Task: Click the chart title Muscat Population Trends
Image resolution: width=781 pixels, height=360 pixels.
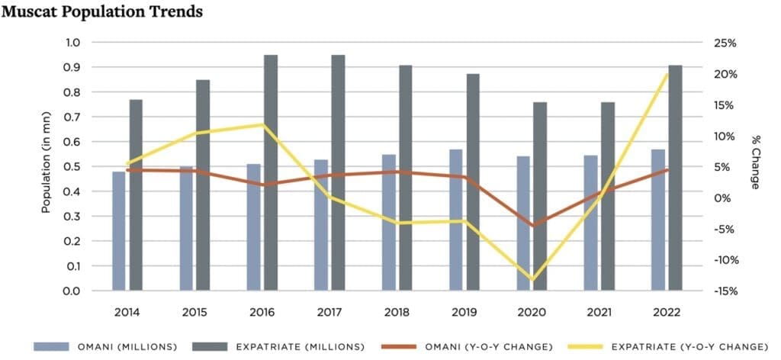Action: click(102, 12)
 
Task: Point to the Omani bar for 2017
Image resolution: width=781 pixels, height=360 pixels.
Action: click(320, 225)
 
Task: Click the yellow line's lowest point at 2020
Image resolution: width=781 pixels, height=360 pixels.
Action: click(532, 280)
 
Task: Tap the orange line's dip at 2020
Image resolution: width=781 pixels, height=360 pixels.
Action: click(532, 226)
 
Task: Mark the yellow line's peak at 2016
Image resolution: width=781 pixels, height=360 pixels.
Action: click(263, 124)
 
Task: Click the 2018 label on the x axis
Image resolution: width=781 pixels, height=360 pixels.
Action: click(397, 313)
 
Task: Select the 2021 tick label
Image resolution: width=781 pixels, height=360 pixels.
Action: click(599, 313)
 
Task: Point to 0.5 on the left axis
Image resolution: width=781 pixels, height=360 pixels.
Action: click(70, 166)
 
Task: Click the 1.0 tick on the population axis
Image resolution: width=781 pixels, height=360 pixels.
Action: click(70, 43)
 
